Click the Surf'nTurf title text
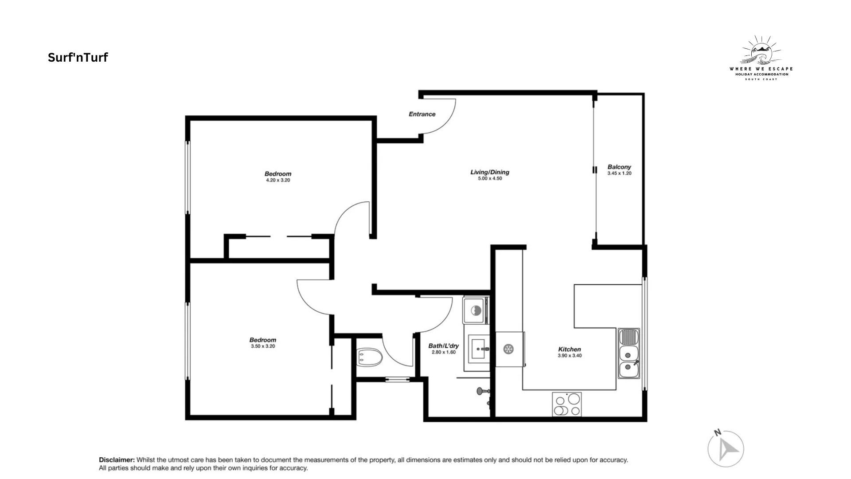click(78, 58)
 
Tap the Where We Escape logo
click(761, 58)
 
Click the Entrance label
click(422, 114)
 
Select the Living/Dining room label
click(490, 172)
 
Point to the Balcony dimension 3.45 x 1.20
click(619, 173)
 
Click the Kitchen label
click(570, 349)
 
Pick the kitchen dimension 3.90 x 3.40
click(570, 356)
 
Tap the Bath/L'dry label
click(444, 346)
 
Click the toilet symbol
click(369, 357)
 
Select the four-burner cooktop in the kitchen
click(567, 404)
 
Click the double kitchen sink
click(629, 354)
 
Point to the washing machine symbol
click(475, 310)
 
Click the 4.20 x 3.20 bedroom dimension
click(278, 181)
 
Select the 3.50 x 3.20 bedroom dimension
click(263, 346)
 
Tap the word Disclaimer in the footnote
click(117, 460)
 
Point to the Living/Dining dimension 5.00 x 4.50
click(490, 179)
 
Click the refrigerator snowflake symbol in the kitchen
click(508, 349)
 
